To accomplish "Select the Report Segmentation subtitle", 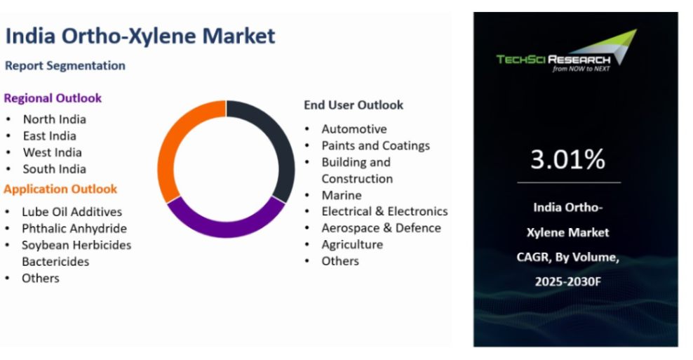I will tap(65, 65).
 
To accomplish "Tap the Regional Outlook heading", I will tap(53, 98).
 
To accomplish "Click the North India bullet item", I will tap(54, 119).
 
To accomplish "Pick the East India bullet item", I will tap(49, 135).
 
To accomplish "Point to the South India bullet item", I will tap(54, 168).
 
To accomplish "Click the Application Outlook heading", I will tap(60, 189).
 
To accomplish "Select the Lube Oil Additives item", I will tap(72, 211).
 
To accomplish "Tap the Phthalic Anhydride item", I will tap(74, 228).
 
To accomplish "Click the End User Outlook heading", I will tap(353, 105).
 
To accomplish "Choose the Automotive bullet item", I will tap(354, 129).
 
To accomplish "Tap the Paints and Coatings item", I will tap(375, 145).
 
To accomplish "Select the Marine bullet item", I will tap(341, 195).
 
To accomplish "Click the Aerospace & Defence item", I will tap(381, 228).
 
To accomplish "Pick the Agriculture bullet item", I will tap(352, 244).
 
